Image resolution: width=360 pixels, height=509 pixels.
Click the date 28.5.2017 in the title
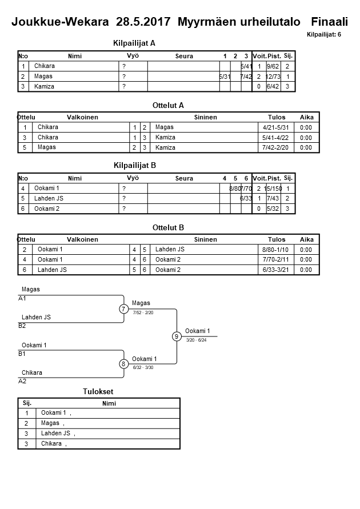tap(144, 22)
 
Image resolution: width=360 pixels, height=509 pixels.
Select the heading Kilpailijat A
tap(135, 43)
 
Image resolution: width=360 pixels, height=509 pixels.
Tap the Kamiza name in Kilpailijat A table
tap(44, 86)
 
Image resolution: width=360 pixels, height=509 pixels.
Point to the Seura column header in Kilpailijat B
tap(184, 178)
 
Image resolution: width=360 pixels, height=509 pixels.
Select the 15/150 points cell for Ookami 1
tap(274, 189)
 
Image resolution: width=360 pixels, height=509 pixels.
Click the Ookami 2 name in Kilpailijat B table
tap(47, 209)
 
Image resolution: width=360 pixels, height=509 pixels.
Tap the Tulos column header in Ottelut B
tap(277, 239)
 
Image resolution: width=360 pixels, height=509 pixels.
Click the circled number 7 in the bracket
tap(123, 309)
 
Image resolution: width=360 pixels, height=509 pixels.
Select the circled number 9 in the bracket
tap(177, 336)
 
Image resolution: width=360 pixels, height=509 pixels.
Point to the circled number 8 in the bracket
tap(123, 364)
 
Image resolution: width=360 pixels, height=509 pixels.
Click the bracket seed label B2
tap(22, 326)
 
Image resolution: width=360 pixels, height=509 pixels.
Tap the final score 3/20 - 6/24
tap(197, 340)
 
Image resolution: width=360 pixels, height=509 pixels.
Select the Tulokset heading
tap(98, 391)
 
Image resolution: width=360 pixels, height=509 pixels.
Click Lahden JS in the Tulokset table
tap(55, 434)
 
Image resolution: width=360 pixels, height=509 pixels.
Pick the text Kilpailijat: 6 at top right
tap(323, 35)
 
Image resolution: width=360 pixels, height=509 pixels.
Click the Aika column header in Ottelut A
tap(307, 117)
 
